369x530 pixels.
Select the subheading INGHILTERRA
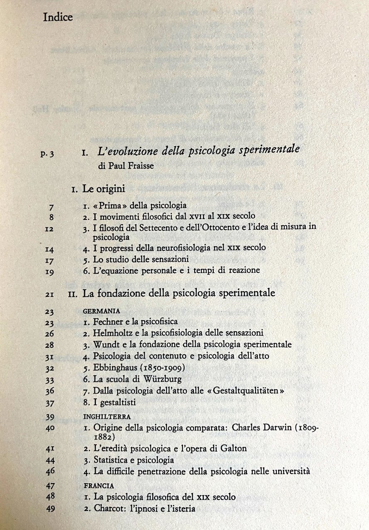[107, 417]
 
